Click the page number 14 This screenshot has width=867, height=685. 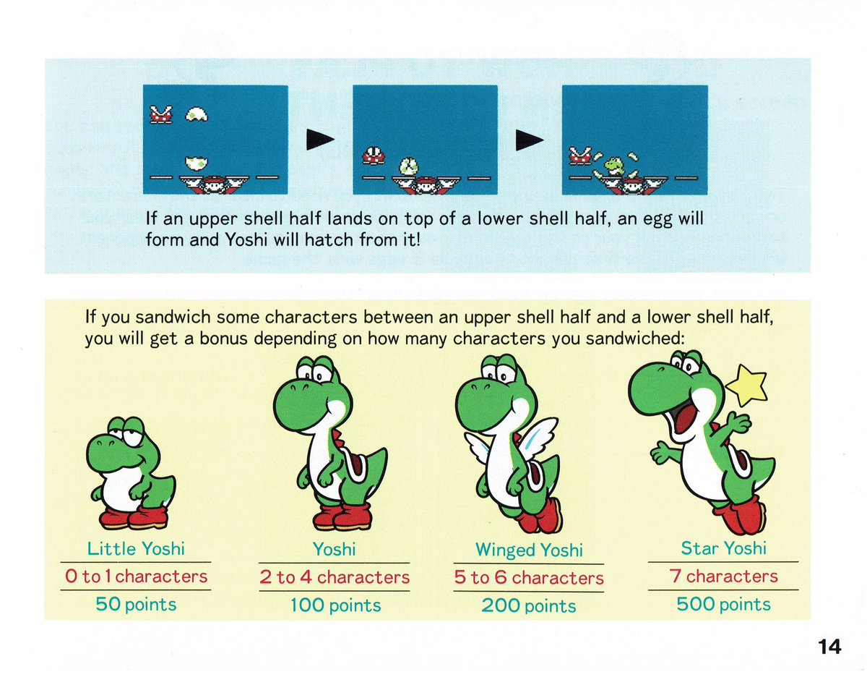829,647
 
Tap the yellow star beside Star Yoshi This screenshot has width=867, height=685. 747,386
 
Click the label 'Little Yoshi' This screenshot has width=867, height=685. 136,549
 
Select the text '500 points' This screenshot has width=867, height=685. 723,605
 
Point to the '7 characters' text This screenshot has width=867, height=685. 723,576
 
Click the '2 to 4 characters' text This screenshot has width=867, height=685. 335,577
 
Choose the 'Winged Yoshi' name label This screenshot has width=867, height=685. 529,550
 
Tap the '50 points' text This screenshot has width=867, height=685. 136,605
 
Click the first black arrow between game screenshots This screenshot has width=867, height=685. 320,139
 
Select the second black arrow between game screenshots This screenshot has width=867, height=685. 530,139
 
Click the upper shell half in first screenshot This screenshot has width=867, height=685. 195,114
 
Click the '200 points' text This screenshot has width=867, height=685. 529,606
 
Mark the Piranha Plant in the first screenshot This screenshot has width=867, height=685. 160,114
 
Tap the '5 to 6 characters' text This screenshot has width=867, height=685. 529,578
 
